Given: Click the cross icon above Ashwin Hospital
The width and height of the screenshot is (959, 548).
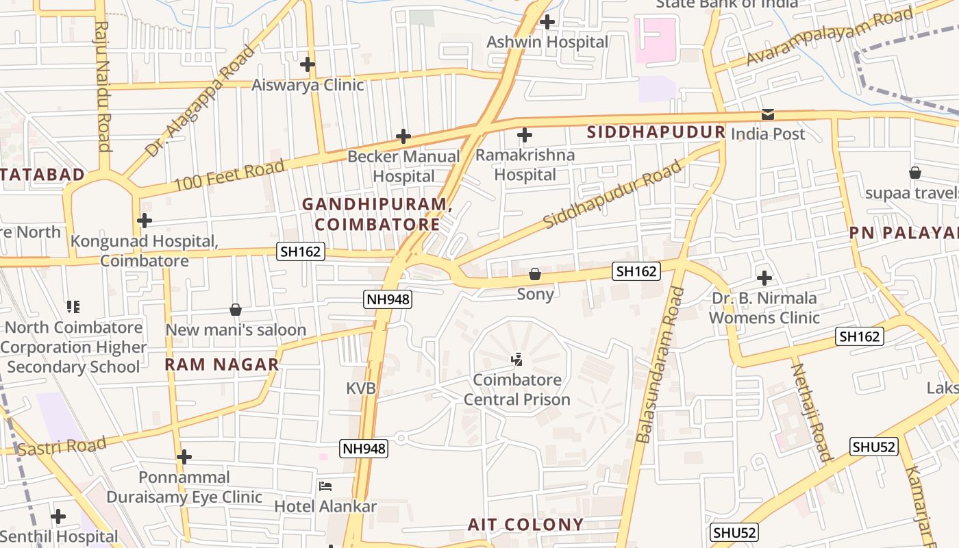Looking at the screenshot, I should pyautogui.click(x=547, y=21).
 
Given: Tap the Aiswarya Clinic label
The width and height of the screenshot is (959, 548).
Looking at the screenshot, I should pyautogui.click(x=308, y=85).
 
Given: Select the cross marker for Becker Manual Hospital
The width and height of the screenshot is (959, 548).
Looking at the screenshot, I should pyautogui.click(x=403, y=136).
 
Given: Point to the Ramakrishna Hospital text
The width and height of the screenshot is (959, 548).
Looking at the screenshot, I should pyautogui.click(x=525, y=165).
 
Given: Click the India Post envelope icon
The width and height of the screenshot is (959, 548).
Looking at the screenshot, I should pyautogui.click(x=768, y=114).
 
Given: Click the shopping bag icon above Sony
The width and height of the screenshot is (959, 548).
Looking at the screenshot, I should pyautogui.click(x=535, y=274).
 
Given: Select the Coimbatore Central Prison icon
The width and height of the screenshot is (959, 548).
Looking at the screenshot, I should pyautogui.click(x=517, y=358).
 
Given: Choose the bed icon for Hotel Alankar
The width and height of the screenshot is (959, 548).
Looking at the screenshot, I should pyautogui.click(x=325, y=486).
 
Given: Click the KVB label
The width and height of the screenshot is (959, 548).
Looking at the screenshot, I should pyautogui.click(x=361, y=388).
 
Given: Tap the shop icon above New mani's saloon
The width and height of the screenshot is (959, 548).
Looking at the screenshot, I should pyautogui.click(x=236, y=310).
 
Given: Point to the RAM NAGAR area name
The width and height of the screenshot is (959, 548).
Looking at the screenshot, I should pyautogui.click(x=221, y=364).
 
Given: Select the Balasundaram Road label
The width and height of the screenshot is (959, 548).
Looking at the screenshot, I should pyautogui.click(x=658, y=364).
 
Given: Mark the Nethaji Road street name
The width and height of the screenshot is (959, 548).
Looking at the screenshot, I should pyautogui.click(x=810, y=411).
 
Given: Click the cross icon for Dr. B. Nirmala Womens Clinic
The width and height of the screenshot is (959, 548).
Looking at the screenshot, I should pyautogui.click(x=764, y=278).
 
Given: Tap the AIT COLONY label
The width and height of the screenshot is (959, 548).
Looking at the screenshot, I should pyautogui.click(x=525, y=525).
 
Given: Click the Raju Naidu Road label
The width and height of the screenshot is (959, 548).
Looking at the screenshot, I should pyautogui.click(x=102, y=86).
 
